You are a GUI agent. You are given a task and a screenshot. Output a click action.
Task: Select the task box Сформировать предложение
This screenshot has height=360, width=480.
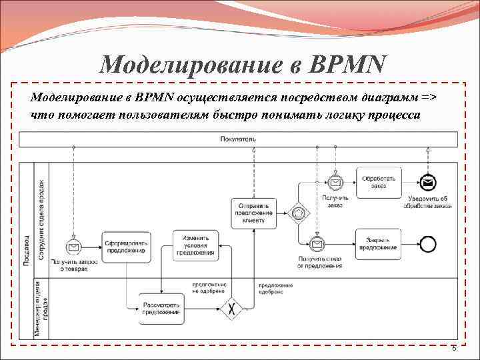coord(126,246)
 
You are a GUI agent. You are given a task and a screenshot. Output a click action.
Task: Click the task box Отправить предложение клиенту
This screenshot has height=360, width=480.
coord(253,213)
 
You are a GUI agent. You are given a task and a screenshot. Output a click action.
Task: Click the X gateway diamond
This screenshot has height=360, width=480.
coord(231,309)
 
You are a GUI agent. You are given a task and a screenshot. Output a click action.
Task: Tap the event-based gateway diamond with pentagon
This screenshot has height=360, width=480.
coord(299,213)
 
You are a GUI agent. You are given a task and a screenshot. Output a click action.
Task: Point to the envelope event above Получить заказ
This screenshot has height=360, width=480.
coord(335,182)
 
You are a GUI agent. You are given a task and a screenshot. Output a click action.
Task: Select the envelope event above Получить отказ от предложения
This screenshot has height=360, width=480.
coord(318,243)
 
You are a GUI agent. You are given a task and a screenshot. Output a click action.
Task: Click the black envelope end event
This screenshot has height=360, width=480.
coord(427,182)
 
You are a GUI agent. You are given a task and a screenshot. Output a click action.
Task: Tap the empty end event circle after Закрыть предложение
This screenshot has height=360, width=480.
coord(427,244)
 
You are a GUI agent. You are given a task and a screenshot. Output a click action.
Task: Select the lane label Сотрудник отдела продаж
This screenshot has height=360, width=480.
coord(42,219)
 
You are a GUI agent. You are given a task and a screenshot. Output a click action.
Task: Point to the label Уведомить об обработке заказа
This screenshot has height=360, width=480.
coord(427,202)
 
